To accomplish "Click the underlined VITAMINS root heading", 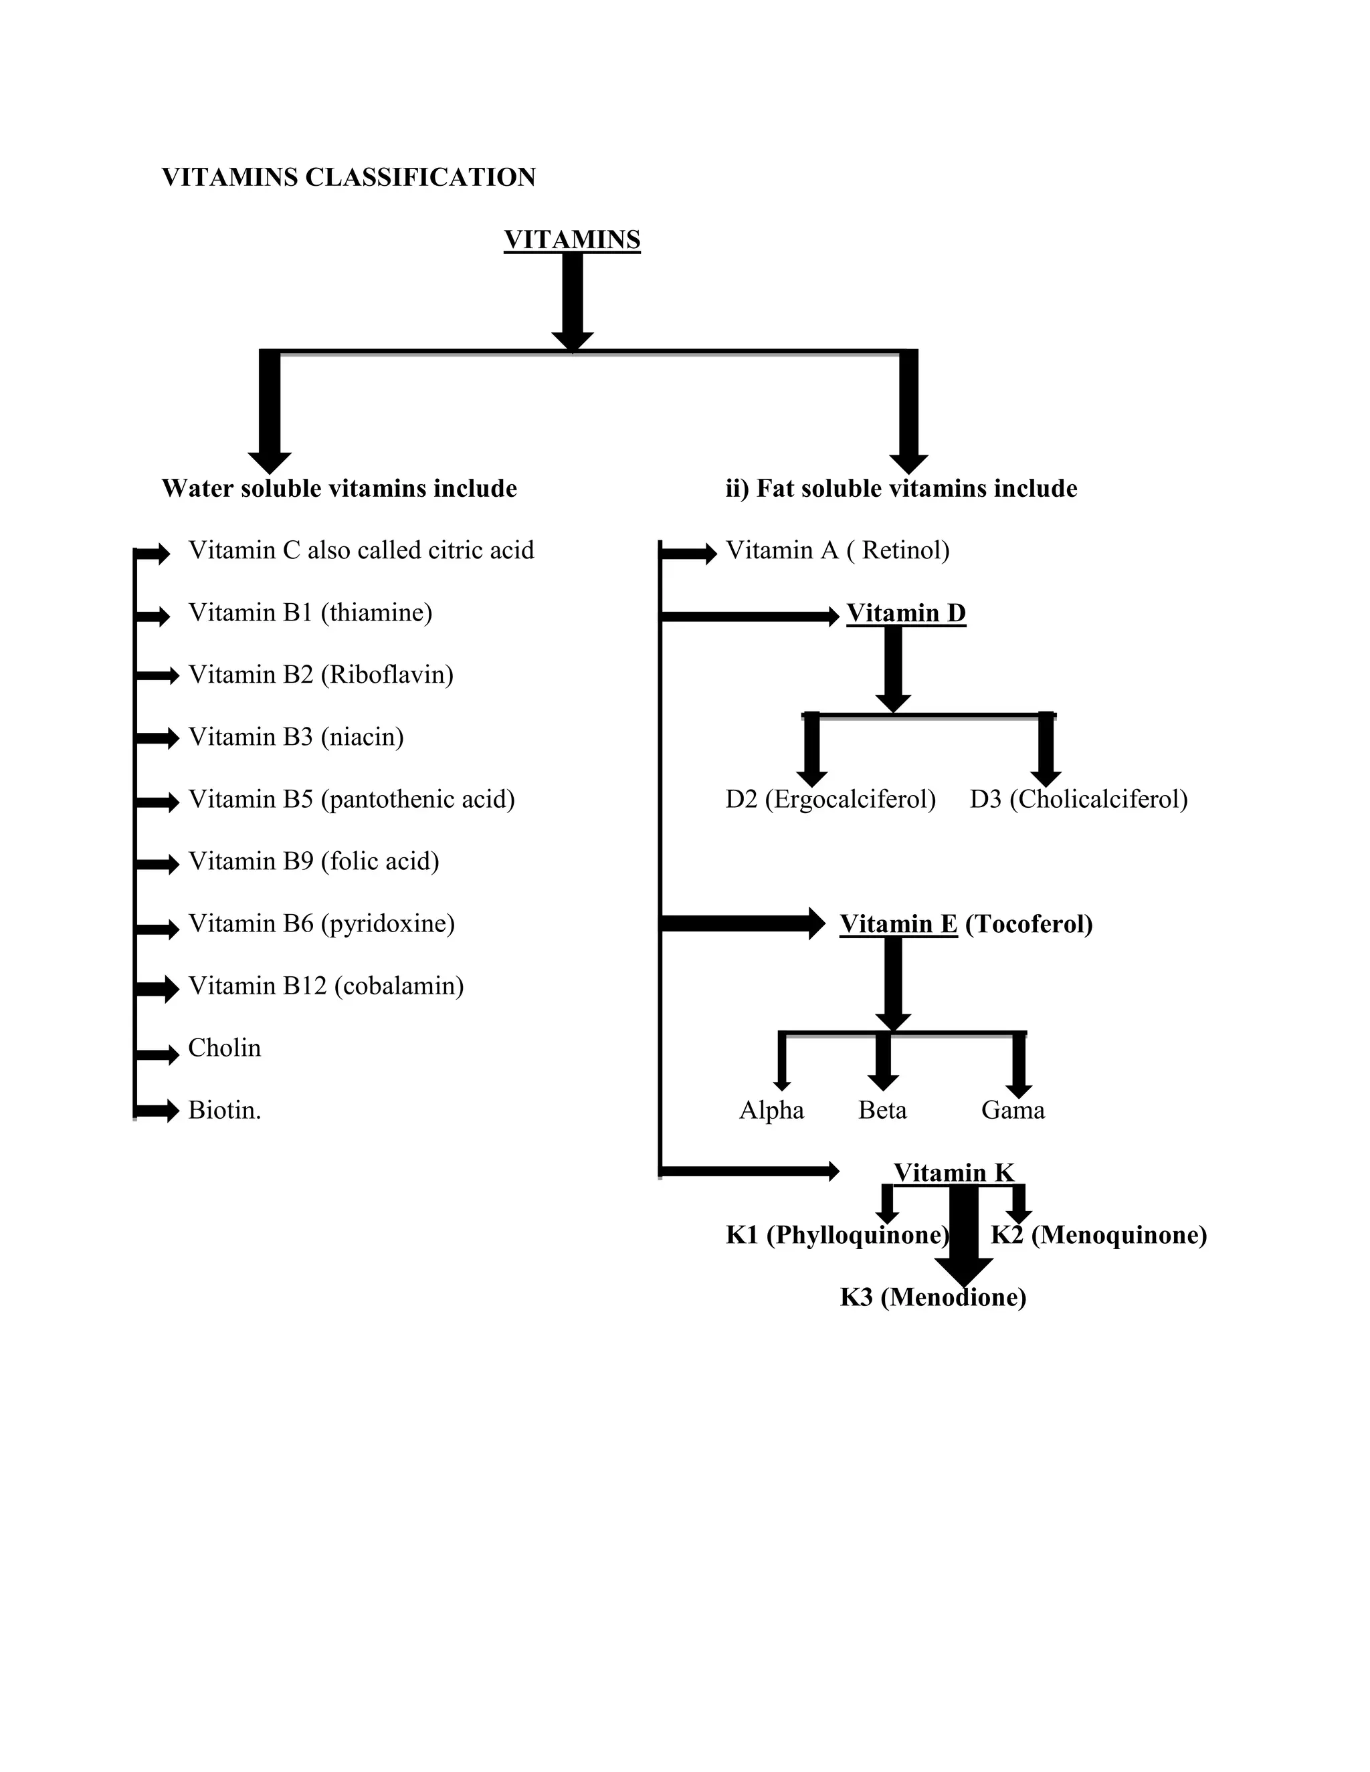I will click(571, 240).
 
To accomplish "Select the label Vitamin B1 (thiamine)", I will click(310, 613).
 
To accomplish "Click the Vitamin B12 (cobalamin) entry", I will click(326, 986).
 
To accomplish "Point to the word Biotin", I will click(224, 1110).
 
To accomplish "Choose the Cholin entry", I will click(224, 1048).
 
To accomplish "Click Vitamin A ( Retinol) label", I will click(837, 551).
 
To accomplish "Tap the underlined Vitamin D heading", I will click(906, 613).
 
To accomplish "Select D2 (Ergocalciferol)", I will click(830, 799).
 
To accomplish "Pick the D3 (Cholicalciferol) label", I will click(1078, 799).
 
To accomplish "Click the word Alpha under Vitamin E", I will click(771, 1110).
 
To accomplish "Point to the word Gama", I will click(1012, 1110).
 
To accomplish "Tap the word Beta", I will click(882, 1110).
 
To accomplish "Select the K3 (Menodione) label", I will click(933, 1297).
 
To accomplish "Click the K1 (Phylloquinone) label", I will click(837, 1235).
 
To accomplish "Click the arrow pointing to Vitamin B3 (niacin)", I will click(157, 738).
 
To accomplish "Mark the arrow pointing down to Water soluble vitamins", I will click(270, 414).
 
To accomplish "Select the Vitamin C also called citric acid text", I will click(361, 551).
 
